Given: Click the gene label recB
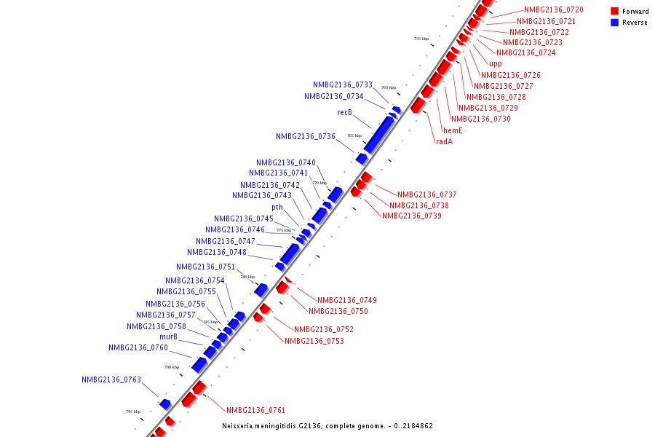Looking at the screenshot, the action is pyautogui.click(x=344, y=113).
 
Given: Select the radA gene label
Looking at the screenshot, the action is pyautogui.click(x=444, y=141).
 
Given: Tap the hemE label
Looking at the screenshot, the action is pyautogui.click(x=453, y=130).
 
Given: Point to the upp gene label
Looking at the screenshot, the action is pyautogui.click(x=495, y=64).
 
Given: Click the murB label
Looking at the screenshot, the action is pyautogui.click(x=168, y=337).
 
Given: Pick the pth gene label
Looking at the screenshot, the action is pyautogui.click(x=277, y=208).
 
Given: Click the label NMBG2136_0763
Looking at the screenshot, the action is pyautogui.click(x=111, y=380).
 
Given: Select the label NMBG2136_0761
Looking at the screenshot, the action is pyautogui.click(x=255, y=411).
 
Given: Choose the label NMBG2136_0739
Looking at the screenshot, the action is pyautogui.click(x=412, y=216).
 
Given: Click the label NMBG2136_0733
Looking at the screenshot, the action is pyautogui.click(x=343, y=85).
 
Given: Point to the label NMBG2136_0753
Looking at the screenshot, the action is pyautogui.click(x=314, y=341).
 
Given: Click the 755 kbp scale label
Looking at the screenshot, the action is pyautogui.click(x=421, y=39).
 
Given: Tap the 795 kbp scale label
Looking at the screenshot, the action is pyautogui.click(x=132, y=412).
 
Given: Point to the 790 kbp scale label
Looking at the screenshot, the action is pyautogui.click(x=171, y=367).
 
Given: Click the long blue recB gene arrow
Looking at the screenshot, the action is pyautogui.click(x=379, y=135).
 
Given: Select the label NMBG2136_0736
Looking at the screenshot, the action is pyautogui.click(x=306, y=137).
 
